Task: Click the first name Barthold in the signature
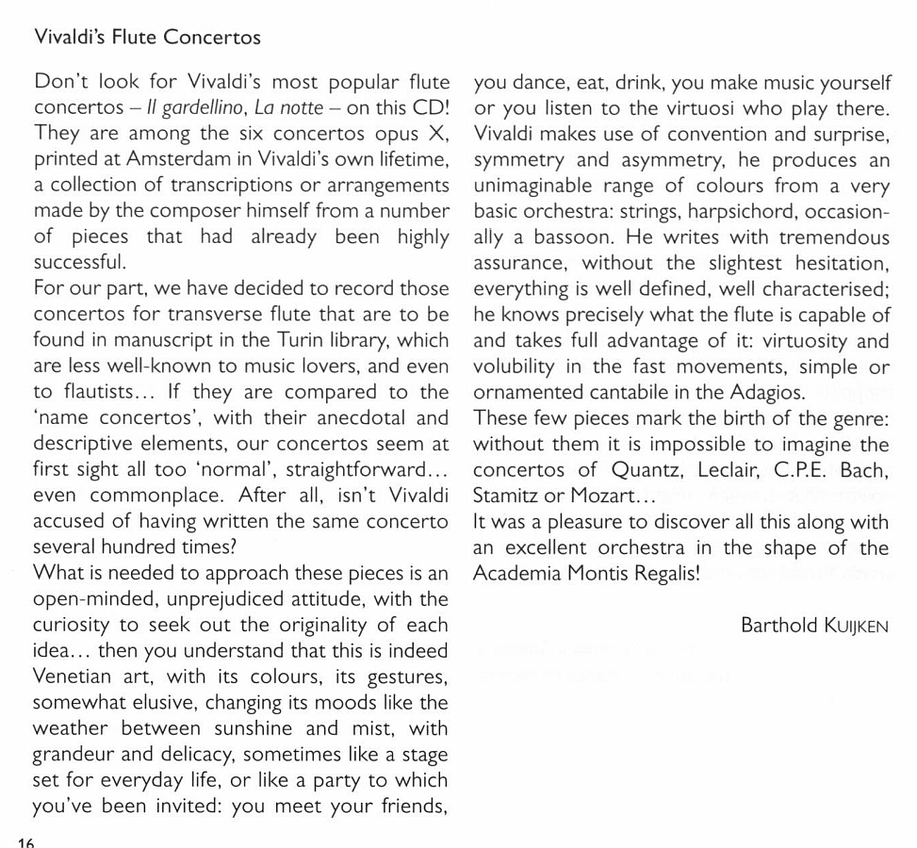778,625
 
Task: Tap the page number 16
25,841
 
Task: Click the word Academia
517,573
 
